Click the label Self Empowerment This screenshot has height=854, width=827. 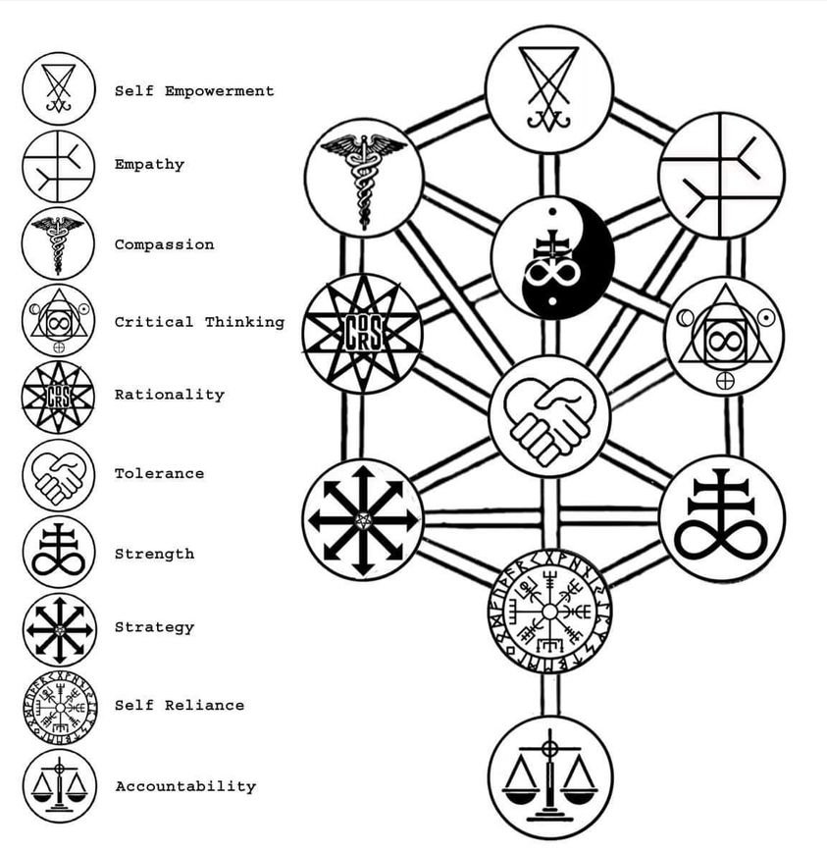pos(194,91)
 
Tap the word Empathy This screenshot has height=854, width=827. pos(150,165)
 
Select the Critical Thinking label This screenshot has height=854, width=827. pos(199,322)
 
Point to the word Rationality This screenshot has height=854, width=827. pos(170,395)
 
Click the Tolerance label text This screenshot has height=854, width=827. pos(160,473)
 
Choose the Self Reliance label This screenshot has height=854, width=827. pos(180,706)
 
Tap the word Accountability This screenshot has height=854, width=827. pos(185,786)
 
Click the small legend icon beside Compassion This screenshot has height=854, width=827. pos(58,243)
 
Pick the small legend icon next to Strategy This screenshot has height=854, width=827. pos(59,629)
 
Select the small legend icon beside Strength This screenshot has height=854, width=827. pos(59,553)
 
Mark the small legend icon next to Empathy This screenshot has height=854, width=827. pos(59,166)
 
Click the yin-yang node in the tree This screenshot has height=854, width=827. pos(552,257)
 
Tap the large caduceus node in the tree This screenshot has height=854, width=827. pos(364,178)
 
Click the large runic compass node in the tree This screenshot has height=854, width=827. pos(550,613)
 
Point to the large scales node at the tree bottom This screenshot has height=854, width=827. pos(550,777)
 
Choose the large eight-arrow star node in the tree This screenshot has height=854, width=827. pos(363,519)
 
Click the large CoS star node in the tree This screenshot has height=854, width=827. pos(363,334)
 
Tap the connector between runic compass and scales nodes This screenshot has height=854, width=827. pos(550,695)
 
